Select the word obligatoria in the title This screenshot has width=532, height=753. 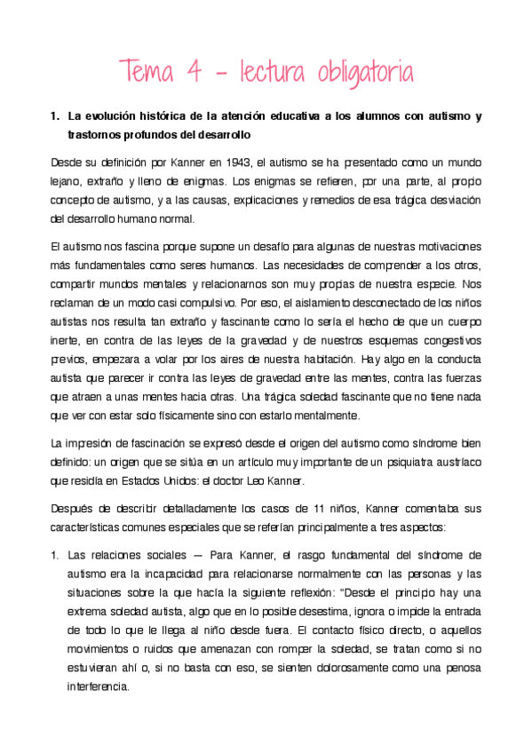[363, 71]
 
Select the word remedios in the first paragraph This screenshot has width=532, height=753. [337, 201]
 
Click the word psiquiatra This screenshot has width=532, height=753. [408, 463]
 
